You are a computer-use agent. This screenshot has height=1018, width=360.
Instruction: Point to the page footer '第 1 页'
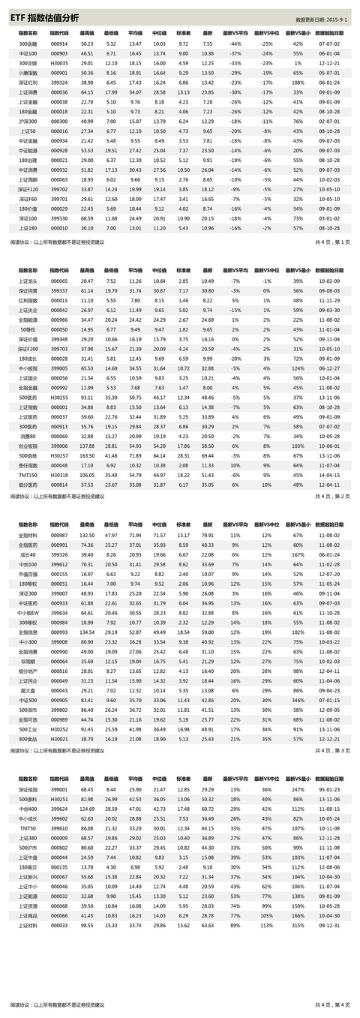(x=340, y=243)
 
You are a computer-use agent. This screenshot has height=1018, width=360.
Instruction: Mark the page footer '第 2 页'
(x=340, y=496)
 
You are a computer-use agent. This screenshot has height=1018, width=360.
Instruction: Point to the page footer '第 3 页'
(x=340, y=750)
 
